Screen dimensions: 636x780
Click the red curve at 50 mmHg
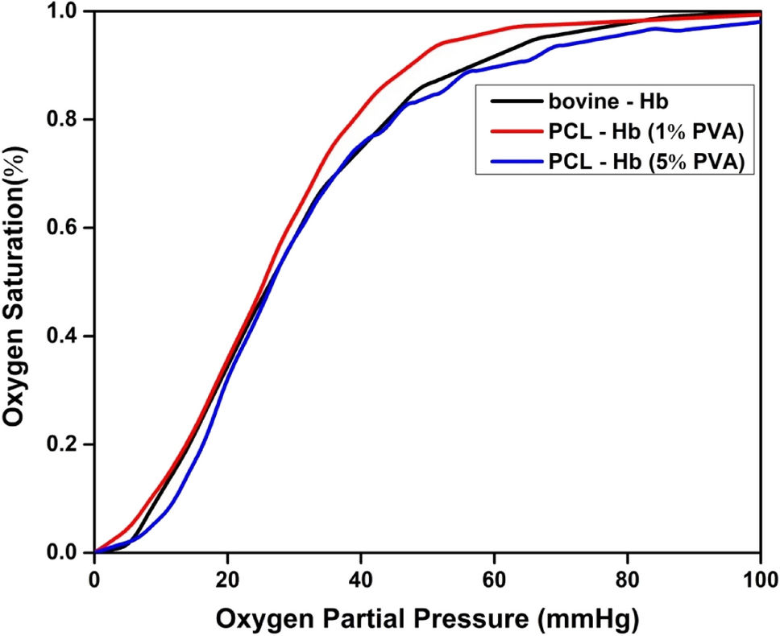(x=428, y=50)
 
